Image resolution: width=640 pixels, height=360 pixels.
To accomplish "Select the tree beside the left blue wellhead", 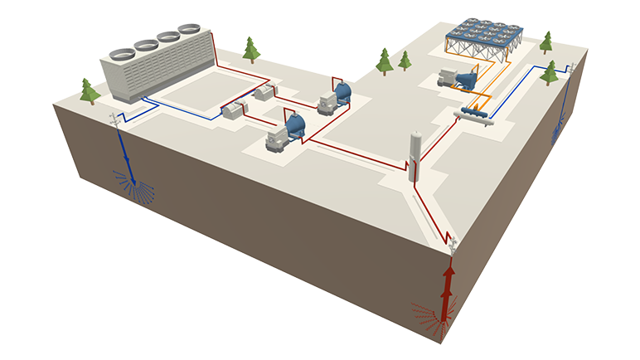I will (x=88, y=90).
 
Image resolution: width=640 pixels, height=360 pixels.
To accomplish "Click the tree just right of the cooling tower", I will (x=251, y=50).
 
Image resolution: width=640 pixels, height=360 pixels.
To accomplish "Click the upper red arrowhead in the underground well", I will (x=448, y=274).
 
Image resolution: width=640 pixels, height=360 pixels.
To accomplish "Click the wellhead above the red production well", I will (x=453, y=242).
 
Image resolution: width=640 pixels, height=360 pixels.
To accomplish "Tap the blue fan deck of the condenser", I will (x=484, y=33).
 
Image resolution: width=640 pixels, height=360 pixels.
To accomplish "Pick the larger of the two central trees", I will (x=384, y=61).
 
